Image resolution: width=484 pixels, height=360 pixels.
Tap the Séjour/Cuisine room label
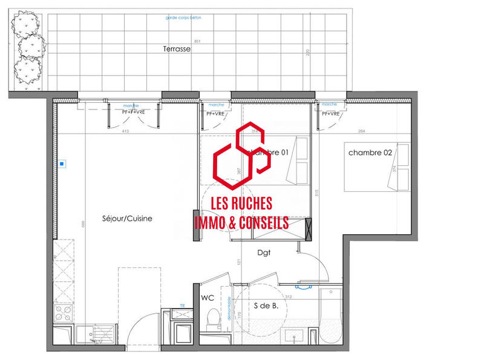coord(127,218)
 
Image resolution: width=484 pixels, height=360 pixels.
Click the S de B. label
coord(266,306)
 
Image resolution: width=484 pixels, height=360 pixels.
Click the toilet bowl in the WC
coord(212,318)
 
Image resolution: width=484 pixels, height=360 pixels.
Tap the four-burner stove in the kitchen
coord(64,313)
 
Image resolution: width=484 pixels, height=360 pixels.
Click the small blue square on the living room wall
coord(62,163)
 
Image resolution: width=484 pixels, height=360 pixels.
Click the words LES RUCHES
coord(241,205)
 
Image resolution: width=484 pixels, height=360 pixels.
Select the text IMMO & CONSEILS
coord(241,223)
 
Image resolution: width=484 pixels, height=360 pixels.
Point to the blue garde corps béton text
coord(183,18)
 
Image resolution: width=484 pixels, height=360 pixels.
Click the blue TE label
coord(182,306)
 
